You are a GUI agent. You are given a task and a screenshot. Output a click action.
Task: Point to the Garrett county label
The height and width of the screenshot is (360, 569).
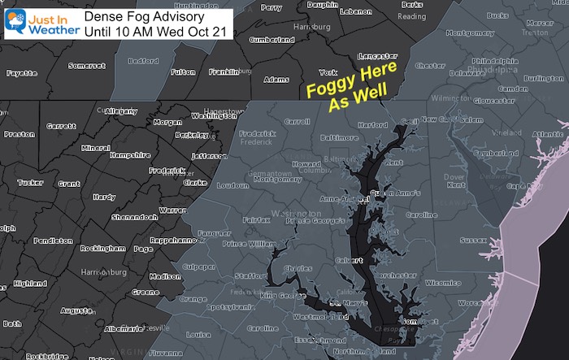[62, 127]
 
